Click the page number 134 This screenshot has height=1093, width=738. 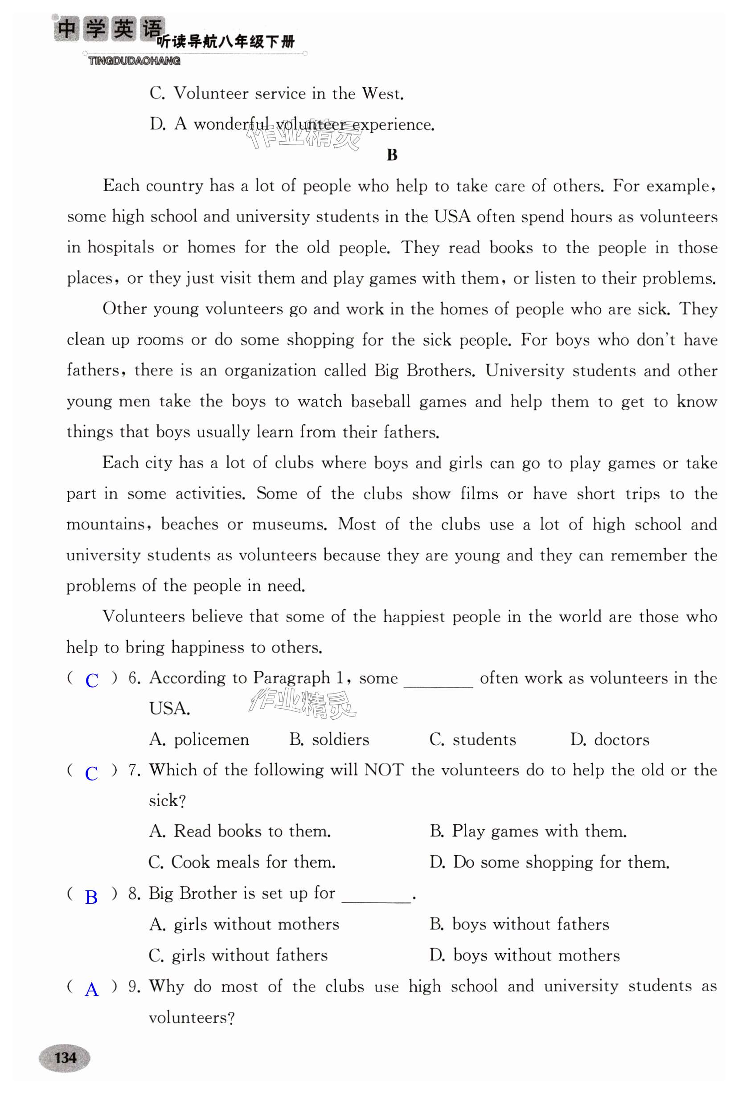[65, 1058]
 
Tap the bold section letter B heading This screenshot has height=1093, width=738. [392, 155]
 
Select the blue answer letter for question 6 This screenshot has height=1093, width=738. [92, 681]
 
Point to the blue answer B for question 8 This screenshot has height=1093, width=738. [91, 897]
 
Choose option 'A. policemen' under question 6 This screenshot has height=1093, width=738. [199, 740]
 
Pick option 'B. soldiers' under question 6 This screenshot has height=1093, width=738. [329, 740]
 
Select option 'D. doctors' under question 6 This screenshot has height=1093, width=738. [610, 740]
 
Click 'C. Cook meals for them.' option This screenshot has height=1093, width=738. [242, 862]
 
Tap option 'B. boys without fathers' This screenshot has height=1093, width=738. [519, 924]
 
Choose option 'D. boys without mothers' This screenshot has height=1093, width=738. [525, 955]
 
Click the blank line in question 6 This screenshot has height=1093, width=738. [438, 684]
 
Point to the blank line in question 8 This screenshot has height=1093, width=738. [377, 899]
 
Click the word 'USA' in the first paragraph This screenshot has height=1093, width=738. [452, 216]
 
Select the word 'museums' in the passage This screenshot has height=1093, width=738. [289, 524]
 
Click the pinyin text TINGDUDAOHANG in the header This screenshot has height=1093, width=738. [134, 61]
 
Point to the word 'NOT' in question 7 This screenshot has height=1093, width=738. [384, 770]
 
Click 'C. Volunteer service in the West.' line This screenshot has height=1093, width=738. [277, 93]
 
